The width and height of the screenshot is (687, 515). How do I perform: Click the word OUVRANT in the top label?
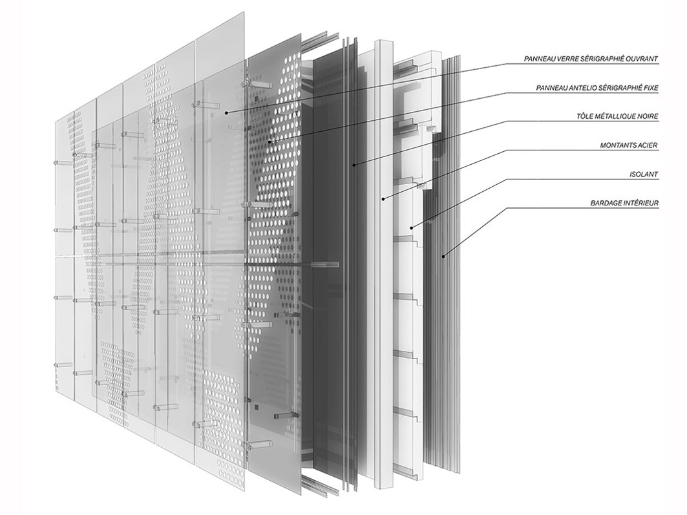pyautogui.click(x=639, y=59)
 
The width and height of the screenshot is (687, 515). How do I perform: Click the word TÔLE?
pyautogui.click(x=584, y=117)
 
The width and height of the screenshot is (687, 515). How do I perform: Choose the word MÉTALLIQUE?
pyautogui.click(x=615, y=117)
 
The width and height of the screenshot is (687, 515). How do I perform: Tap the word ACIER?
pyautogui.click(x=648, y=145)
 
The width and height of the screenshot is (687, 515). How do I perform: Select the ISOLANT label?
pyautogui.click(x=644, y=174)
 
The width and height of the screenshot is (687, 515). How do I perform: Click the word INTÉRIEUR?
pyautogui.click(x=642, y=204)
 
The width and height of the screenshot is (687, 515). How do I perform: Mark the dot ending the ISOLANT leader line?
pyautogui.click(x=411, y=227)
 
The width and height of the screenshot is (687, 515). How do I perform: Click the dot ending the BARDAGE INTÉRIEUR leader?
pyautogui.click(x=443, y=257)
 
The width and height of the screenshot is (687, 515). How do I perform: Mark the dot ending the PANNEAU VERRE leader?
pyautogui.click(x=227, y=112)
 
